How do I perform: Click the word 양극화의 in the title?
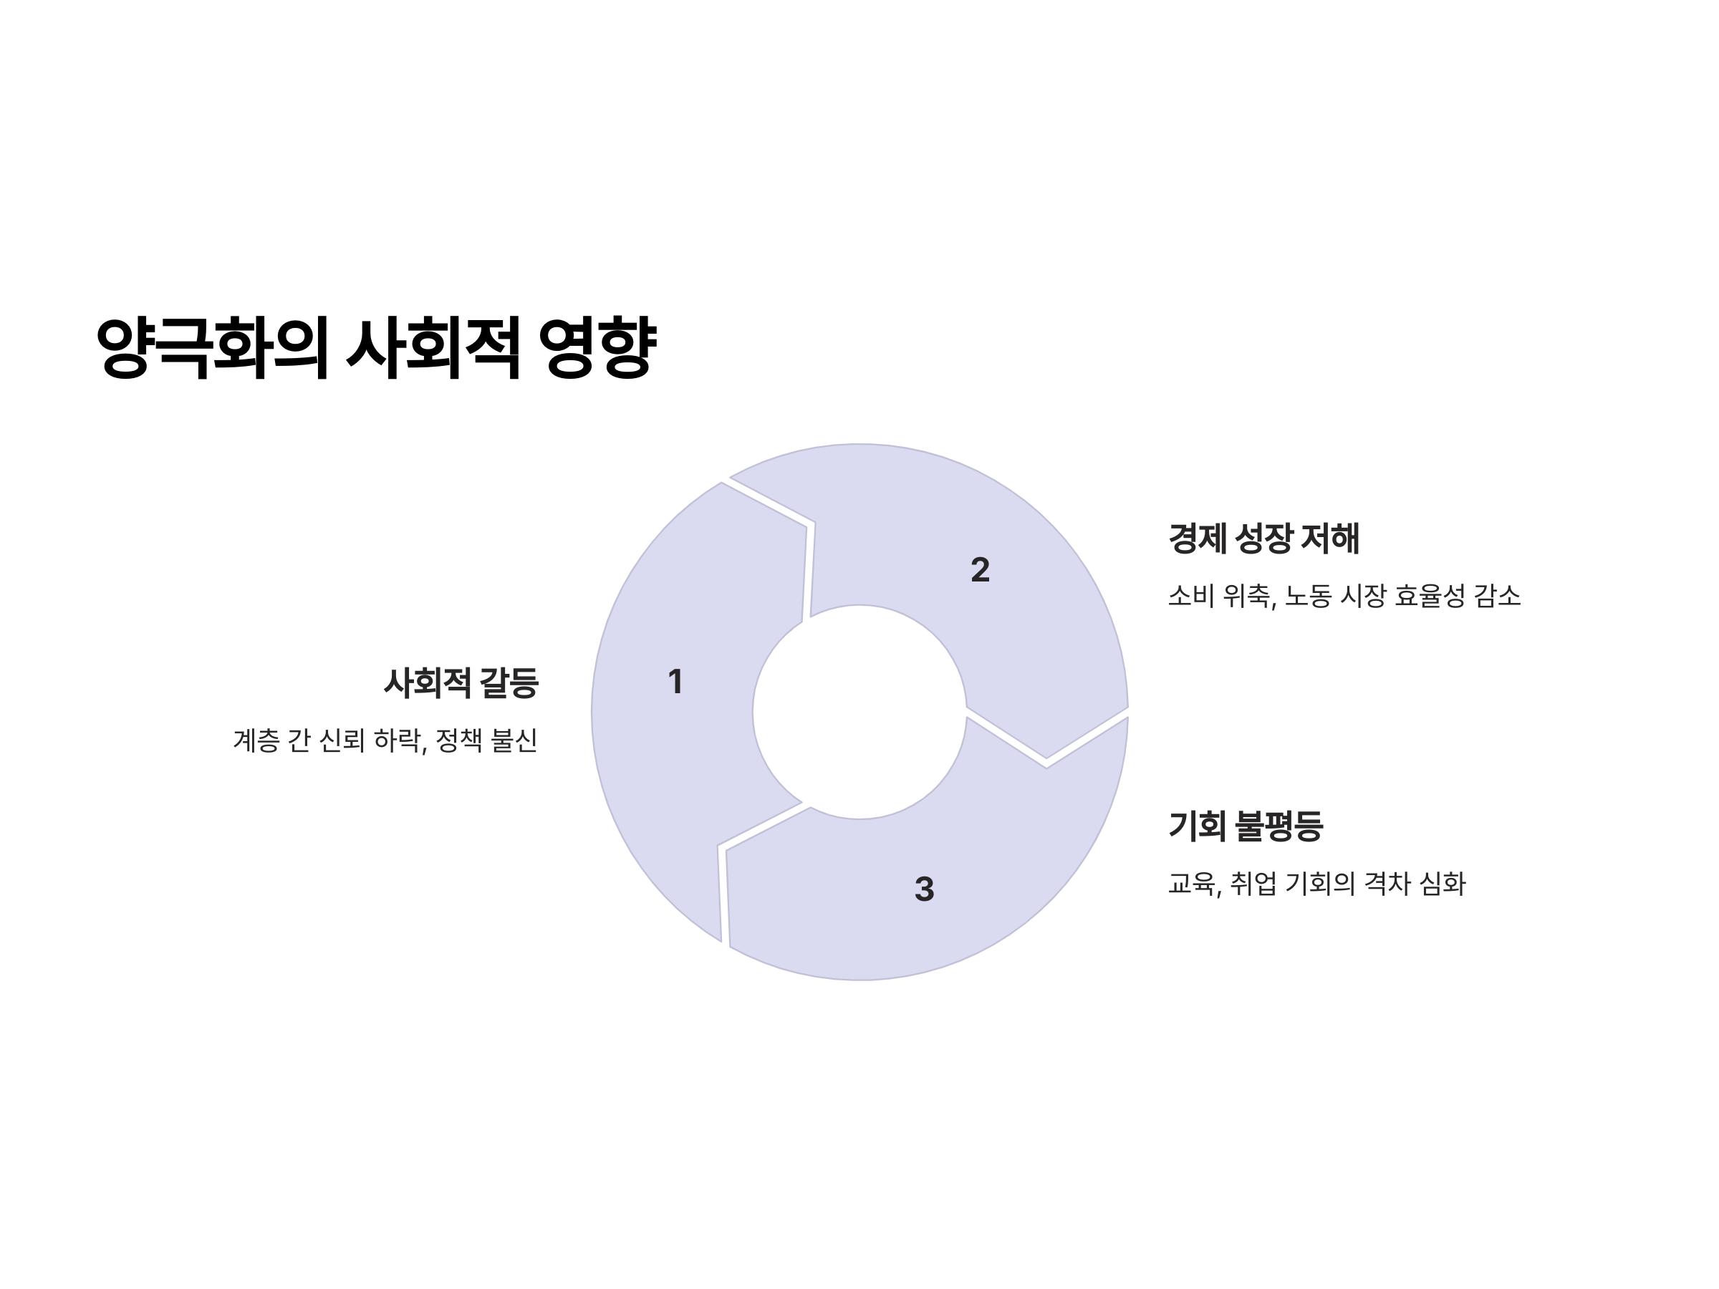pyautogui.click(x=211, y=347)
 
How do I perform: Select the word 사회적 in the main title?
pyautogui.click(x=433, y=347)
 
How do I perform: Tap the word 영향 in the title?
pyautogui.click(x=597, y=347)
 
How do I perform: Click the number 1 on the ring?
pyautogui.click(x=675, y=682)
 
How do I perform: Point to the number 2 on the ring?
pyautogui.click(x=980, y=570)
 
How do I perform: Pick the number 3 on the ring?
pyautogui.click(x=924, y=889)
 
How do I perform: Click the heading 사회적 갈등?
pyautogui.click(x=461, y=683)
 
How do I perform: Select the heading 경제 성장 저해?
pyautogui.click(x=1263, y=539)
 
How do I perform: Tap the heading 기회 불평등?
pyautogui.click(x=1245, y=825)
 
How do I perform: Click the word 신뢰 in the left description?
pyautogui.click(x=342, y=740)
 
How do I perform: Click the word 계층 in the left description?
pyautogui.click(x=256, y=740)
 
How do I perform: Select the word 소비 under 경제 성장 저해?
pyautogui.click(x=1190, y=596)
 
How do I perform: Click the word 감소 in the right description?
pyautogui.click(x=1498, y=596)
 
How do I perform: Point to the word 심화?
pyautogui.click(x=1443, y=884)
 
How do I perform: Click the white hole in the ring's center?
pyautogui.click(x=860, y=712)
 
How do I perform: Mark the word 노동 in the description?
pyautogui.click(x=1308, y=596)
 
